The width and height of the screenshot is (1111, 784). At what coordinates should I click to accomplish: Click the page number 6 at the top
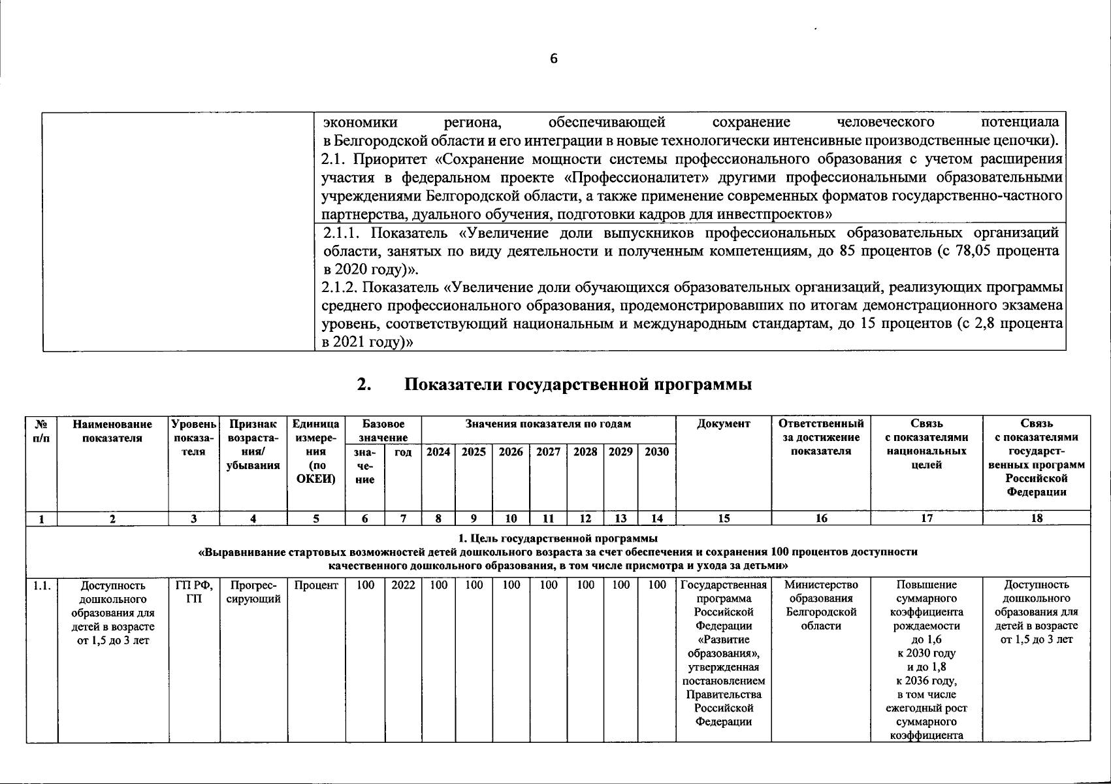pos(554,59)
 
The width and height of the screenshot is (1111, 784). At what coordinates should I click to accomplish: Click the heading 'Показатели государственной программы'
pos(577,385)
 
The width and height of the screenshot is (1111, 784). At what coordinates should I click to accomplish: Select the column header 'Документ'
pos(724,424)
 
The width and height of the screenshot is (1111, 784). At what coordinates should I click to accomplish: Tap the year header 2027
pos(548,451)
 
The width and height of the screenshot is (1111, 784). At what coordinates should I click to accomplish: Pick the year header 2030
pos(656,451)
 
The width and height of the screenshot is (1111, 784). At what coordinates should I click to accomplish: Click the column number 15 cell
pos(724,519)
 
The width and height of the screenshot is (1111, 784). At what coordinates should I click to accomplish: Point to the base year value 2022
pos(403,585)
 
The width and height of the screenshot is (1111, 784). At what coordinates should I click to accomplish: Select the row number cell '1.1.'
pos(42,586)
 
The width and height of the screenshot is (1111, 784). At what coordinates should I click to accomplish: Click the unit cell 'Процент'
pos(316,585)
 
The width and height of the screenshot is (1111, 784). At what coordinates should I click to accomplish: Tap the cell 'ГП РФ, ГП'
pos(194,592)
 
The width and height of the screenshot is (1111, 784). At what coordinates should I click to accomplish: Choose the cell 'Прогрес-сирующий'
pos(253,592)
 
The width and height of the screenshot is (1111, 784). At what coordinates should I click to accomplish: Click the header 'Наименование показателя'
pos(112,431)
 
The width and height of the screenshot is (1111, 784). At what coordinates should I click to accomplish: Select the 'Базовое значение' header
pos(383,431)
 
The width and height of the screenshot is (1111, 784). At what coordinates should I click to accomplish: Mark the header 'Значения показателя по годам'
pos(548,424)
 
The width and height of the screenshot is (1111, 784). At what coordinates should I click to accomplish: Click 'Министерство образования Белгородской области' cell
pos(821,605)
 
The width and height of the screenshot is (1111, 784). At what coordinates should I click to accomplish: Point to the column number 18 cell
pos(1037,519)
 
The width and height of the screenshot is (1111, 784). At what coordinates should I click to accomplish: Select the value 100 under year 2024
pos(438,585)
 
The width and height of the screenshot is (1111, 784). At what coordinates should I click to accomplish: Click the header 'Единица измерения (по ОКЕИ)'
pos(316,451)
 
